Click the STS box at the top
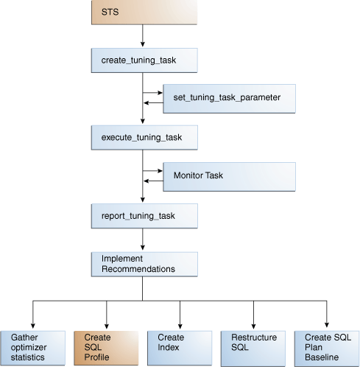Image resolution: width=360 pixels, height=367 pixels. [x=144, y=12]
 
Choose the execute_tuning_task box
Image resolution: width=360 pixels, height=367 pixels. [x=144, y=137]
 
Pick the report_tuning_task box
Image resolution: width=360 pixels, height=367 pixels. [x=144, y=215]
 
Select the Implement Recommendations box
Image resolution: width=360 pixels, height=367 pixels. [x=144, y=264]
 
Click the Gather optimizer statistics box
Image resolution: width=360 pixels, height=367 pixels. [x=32, y=347]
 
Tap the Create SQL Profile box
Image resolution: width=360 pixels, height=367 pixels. [x=106, y=347]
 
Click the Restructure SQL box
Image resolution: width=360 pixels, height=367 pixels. [x=253, y=347]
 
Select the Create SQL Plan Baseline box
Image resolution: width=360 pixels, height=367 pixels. [x=326, y=347]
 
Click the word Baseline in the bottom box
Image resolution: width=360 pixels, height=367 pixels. [x=321, y=357]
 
